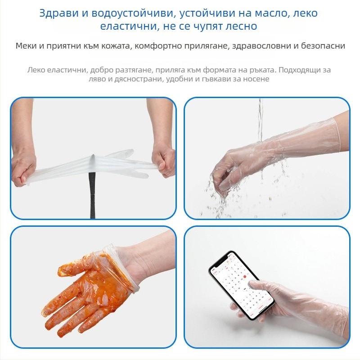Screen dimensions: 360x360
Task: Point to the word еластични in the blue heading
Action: [x=125, y=26]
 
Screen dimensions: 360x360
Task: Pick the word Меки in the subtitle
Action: [x=26, y=46]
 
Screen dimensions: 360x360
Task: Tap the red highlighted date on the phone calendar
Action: [x=245, y=277]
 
